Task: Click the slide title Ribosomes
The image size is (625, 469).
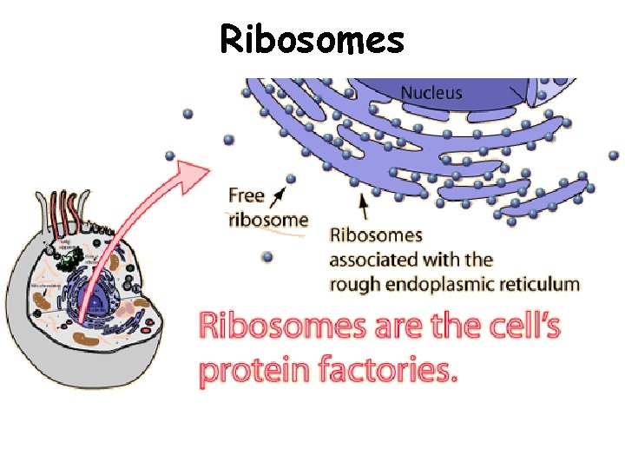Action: (x=312, y=39)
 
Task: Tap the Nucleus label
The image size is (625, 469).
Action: (x=431, y=93)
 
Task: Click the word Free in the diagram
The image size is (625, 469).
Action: (x=247, y=195)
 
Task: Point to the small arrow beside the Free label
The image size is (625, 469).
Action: (x=280, y=194)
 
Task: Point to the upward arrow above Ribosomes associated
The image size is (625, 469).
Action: (x=363, y=205)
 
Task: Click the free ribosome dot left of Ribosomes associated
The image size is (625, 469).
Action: (x=267, y=257)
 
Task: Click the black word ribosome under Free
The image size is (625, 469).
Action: (x=268, y=219)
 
